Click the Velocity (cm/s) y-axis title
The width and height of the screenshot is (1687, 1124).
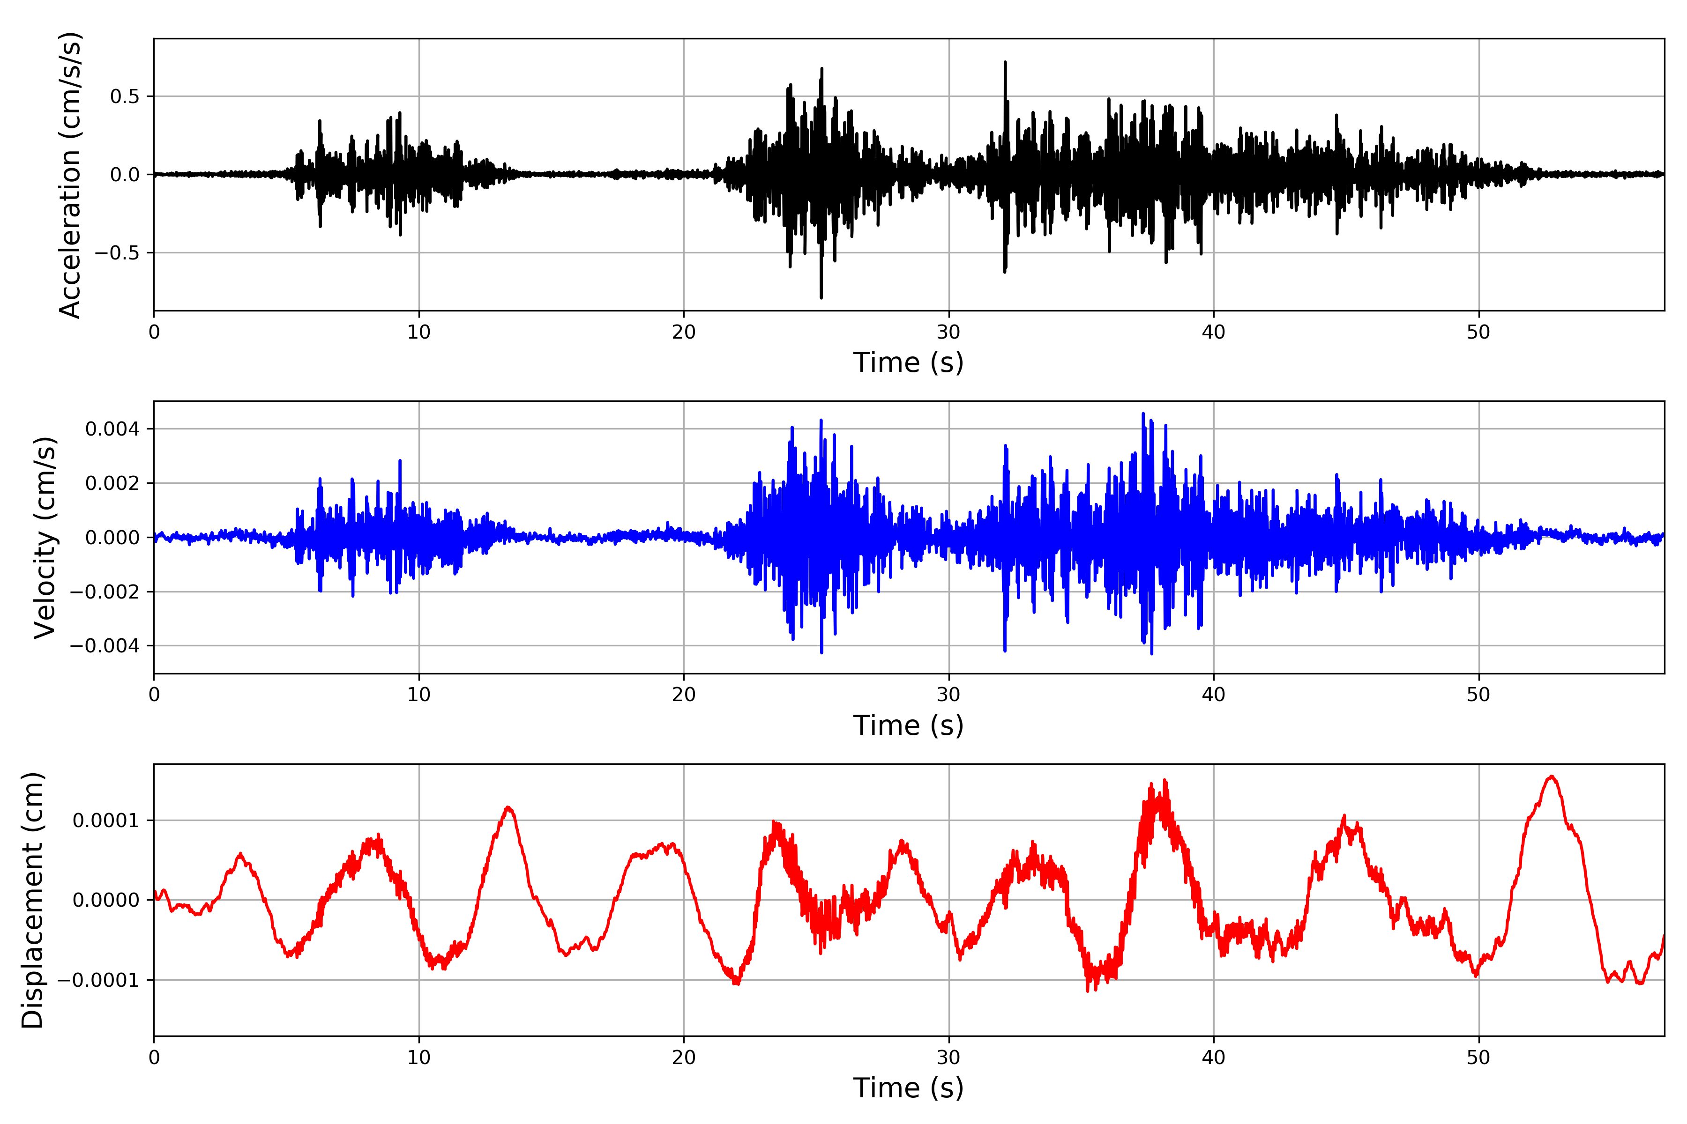[x=45, y=538]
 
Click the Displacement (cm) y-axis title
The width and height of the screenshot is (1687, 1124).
[x=32, y=900]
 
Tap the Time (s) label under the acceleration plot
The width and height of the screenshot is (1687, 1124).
[x=908, y=362]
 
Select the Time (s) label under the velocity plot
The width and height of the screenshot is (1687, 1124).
[x=908, y=725]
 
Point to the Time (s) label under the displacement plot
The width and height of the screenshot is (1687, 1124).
[x=908, y=1088]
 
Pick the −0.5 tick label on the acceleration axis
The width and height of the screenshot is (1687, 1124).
[x=117, y=253]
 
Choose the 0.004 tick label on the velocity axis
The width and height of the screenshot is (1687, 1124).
[x=112, y=429]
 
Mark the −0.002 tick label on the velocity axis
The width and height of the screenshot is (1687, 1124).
[x=105, y=592]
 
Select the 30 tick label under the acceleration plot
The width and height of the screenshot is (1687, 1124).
[x=948, y=333]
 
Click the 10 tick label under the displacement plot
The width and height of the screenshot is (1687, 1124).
[x=419, y=1058]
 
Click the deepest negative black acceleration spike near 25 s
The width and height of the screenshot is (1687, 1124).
[x=821, y=297]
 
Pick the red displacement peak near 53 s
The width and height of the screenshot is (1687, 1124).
[x=1552, y=777]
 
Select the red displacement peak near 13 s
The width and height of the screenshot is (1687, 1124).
[x=508, y=808]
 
